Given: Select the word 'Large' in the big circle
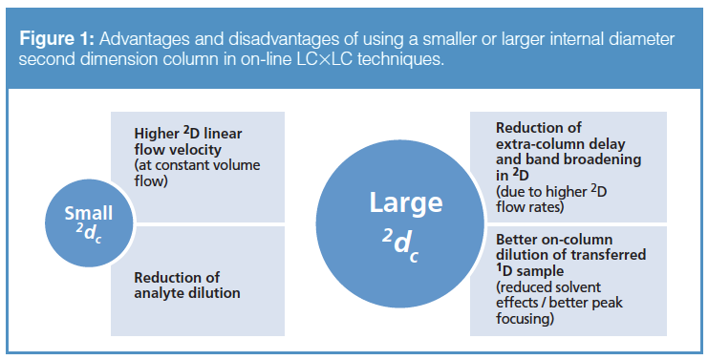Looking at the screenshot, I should pos(406,201).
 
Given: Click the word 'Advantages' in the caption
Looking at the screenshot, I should pos(144,39).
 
